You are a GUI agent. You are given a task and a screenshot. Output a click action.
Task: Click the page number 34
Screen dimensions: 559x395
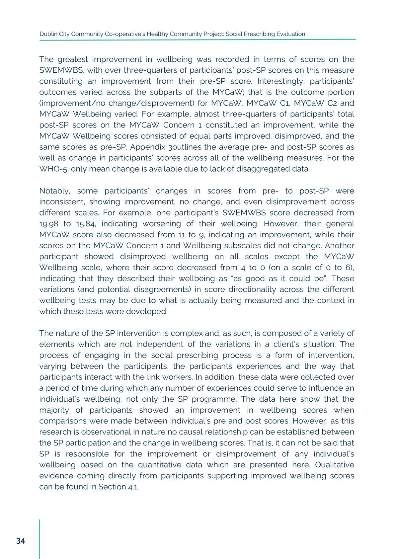20,541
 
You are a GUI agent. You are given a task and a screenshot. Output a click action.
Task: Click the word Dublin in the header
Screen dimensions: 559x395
47,34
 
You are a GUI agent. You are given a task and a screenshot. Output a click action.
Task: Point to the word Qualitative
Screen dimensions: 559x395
335,465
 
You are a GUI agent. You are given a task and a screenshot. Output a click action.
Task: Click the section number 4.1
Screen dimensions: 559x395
133,487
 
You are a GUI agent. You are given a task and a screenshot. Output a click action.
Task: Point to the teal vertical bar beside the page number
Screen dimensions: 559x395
39,539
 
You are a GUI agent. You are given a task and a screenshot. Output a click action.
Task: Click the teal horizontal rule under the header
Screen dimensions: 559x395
197,40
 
